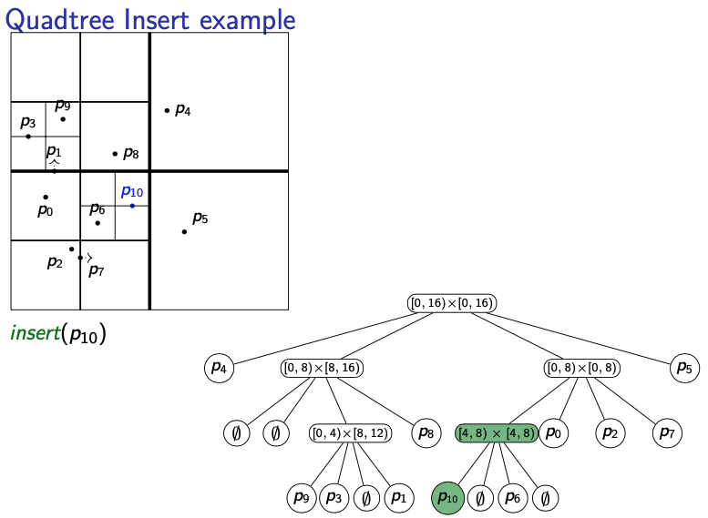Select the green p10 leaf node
(448, 498)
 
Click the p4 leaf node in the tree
(219, 368)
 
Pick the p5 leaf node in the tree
(683, 368)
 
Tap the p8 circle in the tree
(426, 432)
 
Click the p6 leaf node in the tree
(513, 498)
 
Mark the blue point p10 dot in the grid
(132, 206)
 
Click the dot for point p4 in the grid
(167, 111)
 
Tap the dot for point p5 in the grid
(184, 231)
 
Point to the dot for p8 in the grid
(115, 154)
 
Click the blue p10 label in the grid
(132, 192)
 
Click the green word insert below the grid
(35, 333)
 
